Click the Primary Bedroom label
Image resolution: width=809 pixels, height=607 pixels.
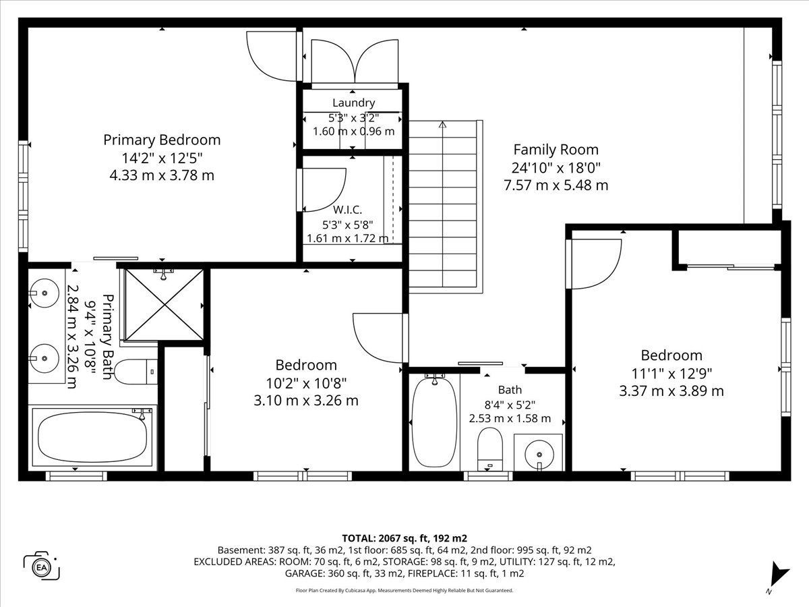pos(162,140)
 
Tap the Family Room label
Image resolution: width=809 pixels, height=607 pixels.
pos(556,150)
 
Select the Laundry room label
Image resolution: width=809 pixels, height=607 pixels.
pos(353,103)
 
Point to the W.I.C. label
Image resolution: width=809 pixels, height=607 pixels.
pos(348,210)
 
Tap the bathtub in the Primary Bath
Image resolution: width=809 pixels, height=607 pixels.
pos(92,437)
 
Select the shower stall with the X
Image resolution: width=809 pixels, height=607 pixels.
pos(164,305)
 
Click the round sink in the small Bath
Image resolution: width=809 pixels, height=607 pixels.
pos(539,454)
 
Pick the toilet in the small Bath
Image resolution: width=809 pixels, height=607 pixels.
pos(490,449)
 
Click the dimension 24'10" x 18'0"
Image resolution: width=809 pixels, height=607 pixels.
pos(556,168)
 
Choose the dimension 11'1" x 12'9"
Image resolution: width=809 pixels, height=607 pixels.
pos(671,374)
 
